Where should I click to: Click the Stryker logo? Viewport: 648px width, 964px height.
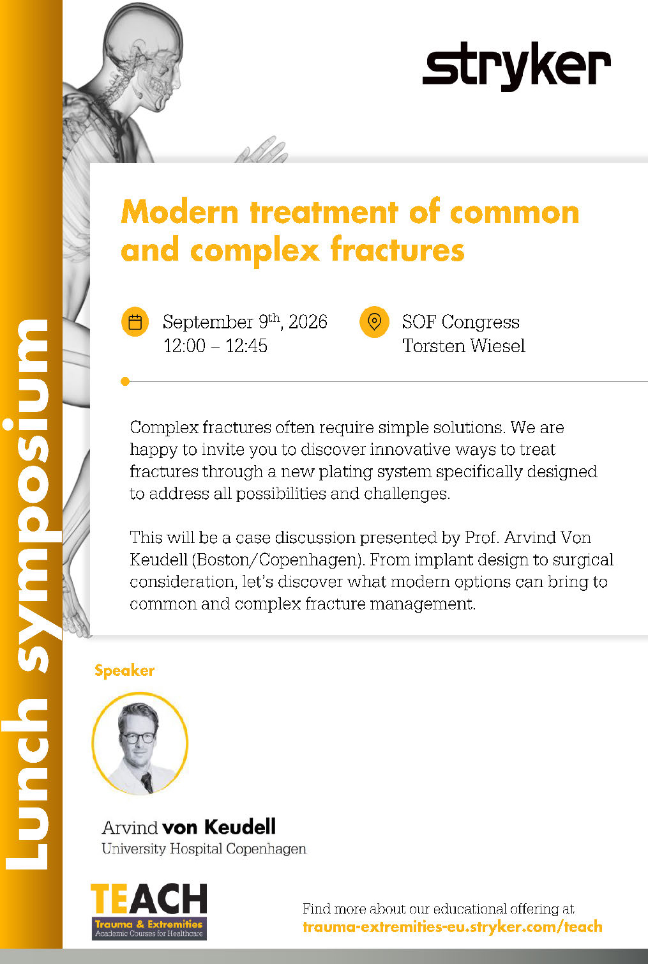pyautogui.click(x=516, y=66)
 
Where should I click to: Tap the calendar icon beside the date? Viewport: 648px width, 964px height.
pyautogui.click(x=135, y=321)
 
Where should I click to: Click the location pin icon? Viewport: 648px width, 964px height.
pyautogui.click(x=374, y=321)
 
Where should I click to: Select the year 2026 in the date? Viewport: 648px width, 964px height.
pyautogui.click(x=308, y=322)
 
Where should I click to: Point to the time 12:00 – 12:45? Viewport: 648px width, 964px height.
pyautogui.click(x=215, y=346)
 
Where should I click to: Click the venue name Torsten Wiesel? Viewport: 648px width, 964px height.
pyautogui.click(x=463, y=346)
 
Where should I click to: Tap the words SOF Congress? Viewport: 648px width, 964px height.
pyautogui.click(x=460, y=322)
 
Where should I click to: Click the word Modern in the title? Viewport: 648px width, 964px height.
pyautogui.click(x=180, y=212)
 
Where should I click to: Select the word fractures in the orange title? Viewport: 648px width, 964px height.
pyautogui.click(x=397, y=249)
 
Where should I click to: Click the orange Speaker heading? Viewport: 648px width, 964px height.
pyautogui.click(x=124, y=671)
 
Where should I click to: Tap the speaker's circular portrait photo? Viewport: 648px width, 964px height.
pyautogui.click(x=140, y=743)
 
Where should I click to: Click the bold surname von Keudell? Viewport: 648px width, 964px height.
pyautogui.click(x=219, y=827)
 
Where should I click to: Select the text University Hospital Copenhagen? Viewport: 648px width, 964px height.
pyautogui.click(x=204, y=848)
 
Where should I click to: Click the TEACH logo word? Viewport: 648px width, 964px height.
pyautogui.click(x=149, y=898)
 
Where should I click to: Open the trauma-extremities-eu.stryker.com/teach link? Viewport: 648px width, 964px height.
pyautogui.click(x=453, y=926)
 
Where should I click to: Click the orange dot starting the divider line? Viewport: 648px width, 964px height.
pyautogui.click(x=125, y=381)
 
